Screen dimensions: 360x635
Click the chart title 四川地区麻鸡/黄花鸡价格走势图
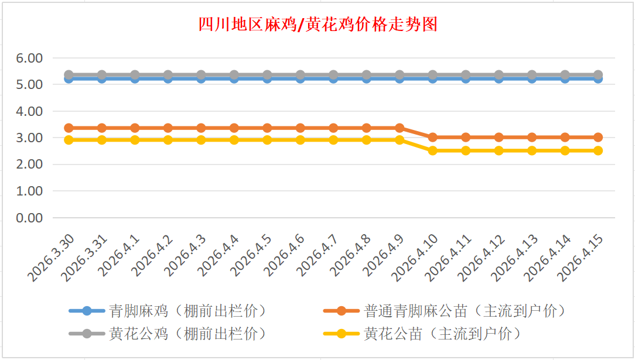click(317, 25)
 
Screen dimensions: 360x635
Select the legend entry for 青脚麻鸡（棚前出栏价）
click(187, 311)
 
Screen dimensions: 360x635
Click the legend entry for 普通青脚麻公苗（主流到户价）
click(465, 311)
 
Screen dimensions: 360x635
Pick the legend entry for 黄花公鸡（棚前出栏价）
click(187, 334)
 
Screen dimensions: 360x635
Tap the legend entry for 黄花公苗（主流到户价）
click(442, 334)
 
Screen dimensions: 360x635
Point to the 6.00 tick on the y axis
click(30, 58)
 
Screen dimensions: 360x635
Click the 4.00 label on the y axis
click(30, 111)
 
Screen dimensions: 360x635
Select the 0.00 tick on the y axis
click(30, 218)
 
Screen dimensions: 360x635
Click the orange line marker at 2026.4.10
click(433, 137)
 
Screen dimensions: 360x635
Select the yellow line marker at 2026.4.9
click(400, 140)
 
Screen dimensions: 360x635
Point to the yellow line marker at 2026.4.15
click(598, 150)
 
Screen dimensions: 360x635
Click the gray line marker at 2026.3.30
click(69, 75)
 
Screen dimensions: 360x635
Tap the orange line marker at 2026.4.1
click(135, 128)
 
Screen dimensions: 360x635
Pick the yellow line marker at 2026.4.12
click(499, 150)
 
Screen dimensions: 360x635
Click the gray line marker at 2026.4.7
click(333, 75)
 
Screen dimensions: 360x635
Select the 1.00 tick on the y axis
click(30, 191)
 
